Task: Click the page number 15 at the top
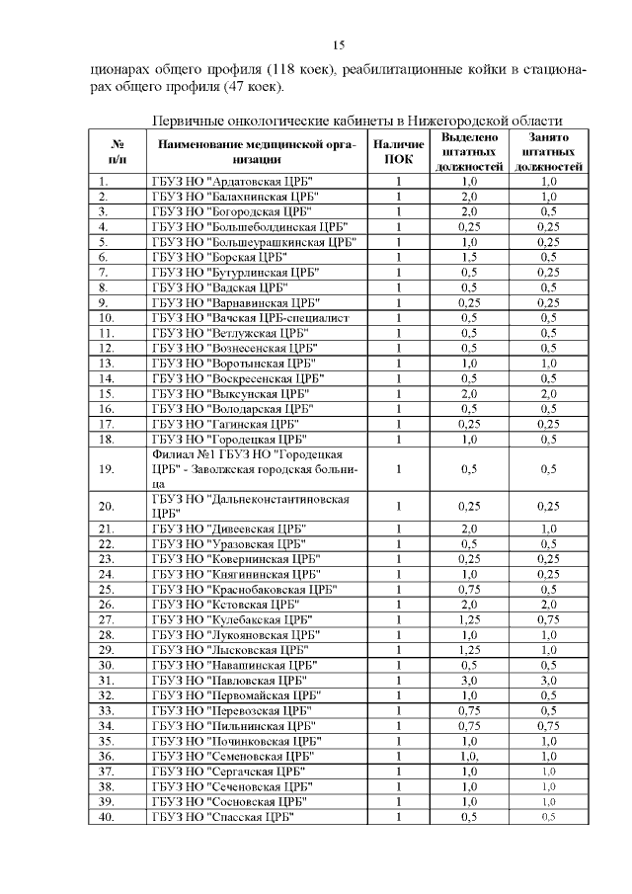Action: click(x=337, y=45)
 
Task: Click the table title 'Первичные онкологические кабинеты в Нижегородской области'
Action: click(x=356, y=120)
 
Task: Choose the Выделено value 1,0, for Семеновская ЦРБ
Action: click(x=469, y=756)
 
